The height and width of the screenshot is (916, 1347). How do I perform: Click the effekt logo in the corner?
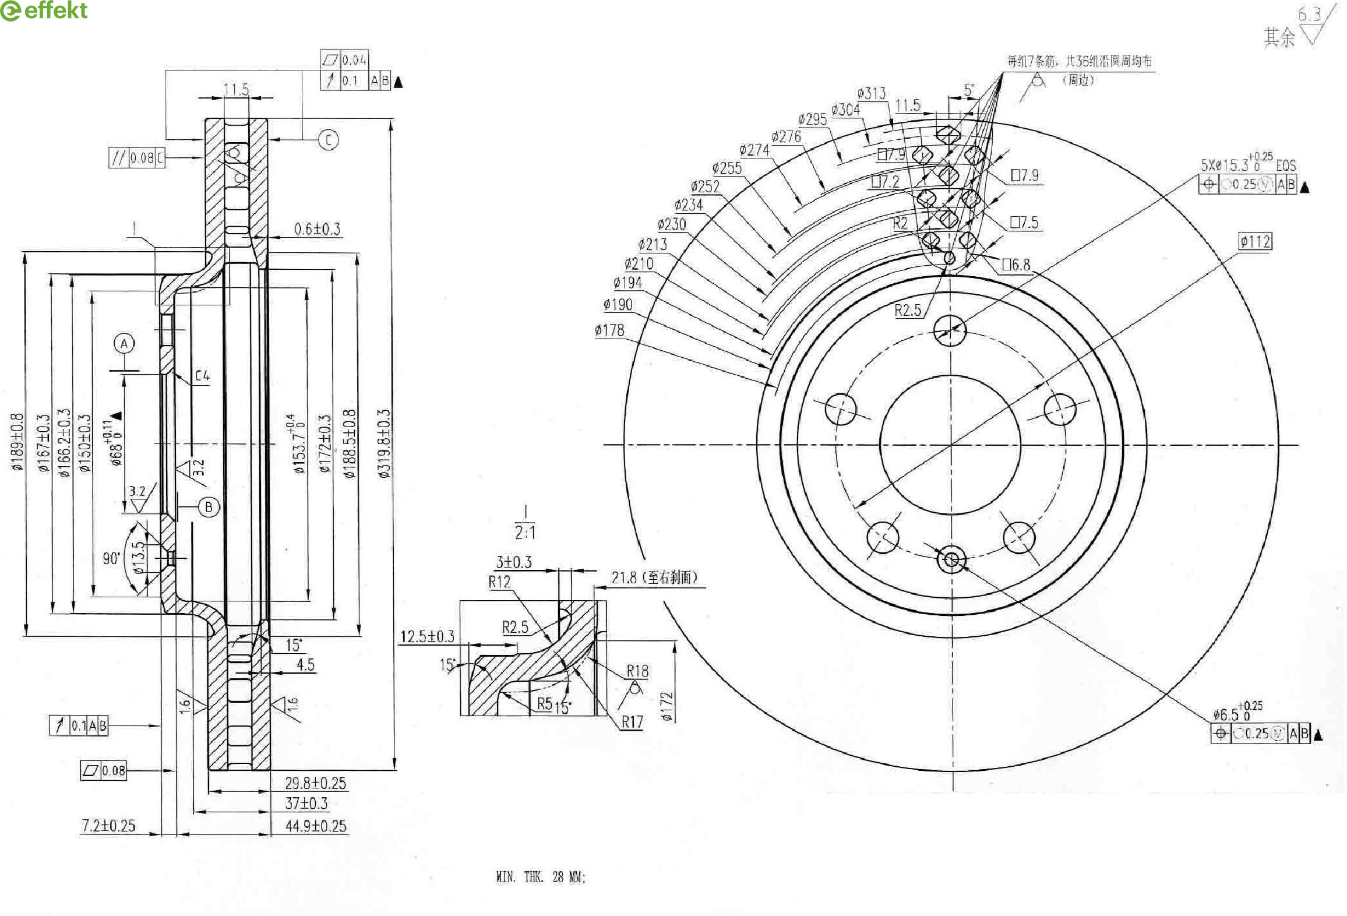pos(44,10)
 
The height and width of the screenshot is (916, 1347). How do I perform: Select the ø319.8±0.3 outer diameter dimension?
pos(384,443)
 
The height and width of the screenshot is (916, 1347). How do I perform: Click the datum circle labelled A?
pos(124,344)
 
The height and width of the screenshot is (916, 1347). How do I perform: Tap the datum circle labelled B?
pos(209,507)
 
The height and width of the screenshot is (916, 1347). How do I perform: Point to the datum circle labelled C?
pos(329,140)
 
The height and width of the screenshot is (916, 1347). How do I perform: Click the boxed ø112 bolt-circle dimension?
pos(1255,241)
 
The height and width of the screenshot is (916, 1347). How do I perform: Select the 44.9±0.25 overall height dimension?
pos(316,826)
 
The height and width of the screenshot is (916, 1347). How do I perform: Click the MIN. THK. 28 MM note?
pos(540,876)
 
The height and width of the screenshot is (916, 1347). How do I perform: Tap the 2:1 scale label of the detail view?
pos(525,532)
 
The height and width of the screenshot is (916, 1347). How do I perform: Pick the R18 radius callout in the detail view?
pos(637,671)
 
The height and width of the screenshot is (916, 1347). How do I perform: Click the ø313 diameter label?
pos(872,93)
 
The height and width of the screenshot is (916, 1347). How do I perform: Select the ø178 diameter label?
pos(609,330)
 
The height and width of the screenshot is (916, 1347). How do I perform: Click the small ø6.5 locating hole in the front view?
pos(951,560)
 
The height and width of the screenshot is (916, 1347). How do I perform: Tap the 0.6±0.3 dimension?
pos(317,229)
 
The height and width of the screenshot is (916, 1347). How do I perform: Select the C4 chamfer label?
pos(202,376)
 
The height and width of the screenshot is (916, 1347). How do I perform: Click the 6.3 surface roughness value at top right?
pos(1309,15)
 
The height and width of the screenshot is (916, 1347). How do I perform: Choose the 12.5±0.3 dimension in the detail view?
pos(427,636)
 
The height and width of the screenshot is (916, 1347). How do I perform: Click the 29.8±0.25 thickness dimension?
pos(315,783)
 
